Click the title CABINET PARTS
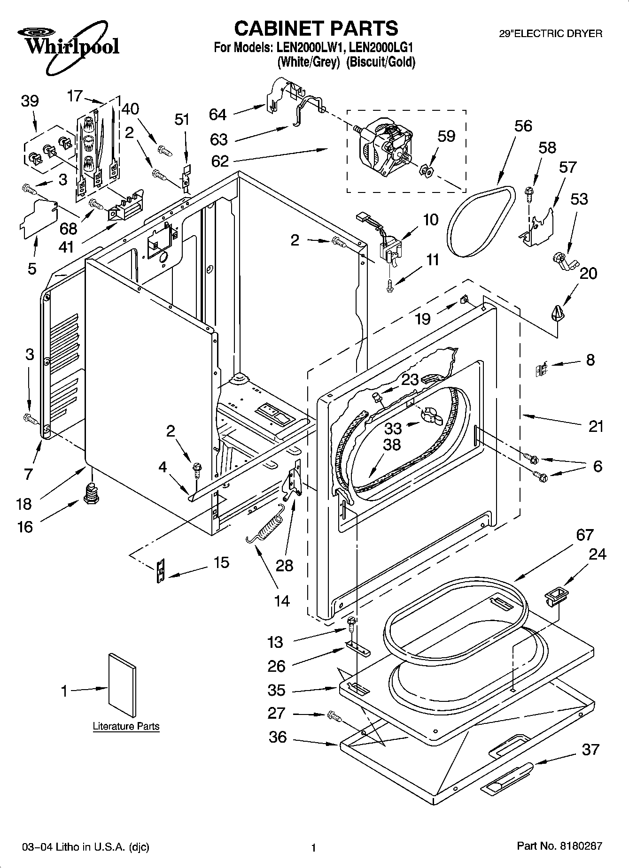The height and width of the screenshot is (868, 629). point(316,28)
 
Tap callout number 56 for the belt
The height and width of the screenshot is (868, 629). point(523,126)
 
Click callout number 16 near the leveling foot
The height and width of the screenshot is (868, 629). point(25,527)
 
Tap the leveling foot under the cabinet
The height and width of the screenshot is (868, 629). point(92,493)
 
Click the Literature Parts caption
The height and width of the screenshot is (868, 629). point(126,726)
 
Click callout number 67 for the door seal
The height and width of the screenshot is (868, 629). point(584,535)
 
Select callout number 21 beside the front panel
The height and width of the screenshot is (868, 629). point(596,426)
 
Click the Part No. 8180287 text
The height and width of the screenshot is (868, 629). point(559,846)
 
